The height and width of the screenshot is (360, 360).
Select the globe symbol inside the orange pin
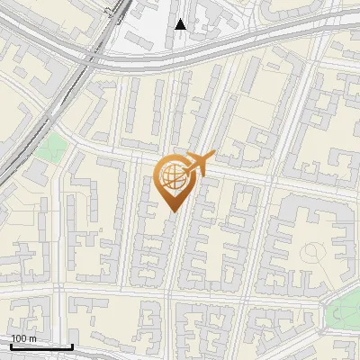[172, 178]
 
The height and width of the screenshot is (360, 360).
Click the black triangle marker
[180, 24]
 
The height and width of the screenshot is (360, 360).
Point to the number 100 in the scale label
[19, 338]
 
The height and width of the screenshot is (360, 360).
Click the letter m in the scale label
[32, 338]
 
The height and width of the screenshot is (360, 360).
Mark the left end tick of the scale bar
[11, 346]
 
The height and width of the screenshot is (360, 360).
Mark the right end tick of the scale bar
[72, 346]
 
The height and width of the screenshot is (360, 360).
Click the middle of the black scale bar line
[41, 346]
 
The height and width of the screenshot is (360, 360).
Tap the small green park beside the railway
[54, 145]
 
